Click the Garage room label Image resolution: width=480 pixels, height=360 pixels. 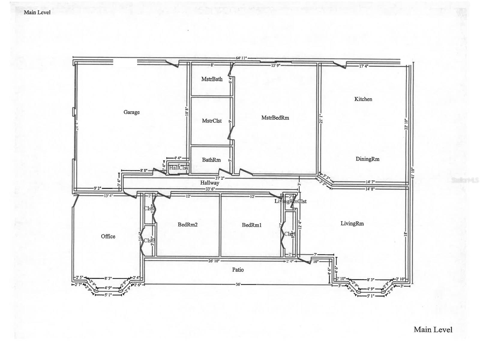[x=131, y=112]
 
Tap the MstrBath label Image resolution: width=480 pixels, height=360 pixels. [x=212, y=79]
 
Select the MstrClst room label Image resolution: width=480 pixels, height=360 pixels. [x=212, y=121]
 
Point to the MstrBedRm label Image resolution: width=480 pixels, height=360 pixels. [x=275, y=118]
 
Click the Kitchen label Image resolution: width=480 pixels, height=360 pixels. [x=363, y=99]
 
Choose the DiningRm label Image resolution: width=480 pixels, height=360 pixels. [x=367, y=159]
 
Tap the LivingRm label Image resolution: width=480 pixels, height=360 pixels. [x=352, y=223]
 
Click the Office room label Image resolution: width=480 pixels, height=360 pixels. [x=108, y=236]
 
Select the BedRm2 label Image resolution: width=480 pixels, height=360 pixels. [x=187, y=225]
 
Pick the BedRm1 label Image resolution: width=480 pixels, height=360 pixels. [x=252, y=225]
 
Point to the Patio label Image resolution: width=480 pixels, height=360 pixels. [x=238, y=270]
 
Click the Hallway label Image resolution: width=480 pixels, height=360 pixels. [x=210, y=183]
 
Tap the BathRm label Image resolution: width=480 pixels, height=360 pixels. [x=211, y=160]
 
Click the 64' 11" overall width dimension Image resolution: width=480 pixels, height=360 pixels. [x=241, y=58]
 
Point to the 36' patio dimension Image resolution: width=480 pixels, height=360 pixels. [x=238, y=284]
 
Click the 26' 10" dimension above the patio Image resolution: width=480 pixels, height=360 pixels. [x=214, y=261]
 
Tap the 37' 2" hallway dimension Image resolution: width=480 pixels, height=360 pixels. [x=220, y=178]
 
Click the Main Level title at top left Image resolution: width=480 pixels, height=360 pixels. [x=37, y=12]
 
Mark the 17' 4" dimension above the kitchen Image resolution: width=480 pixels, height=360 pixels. [x=364, y=66]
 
